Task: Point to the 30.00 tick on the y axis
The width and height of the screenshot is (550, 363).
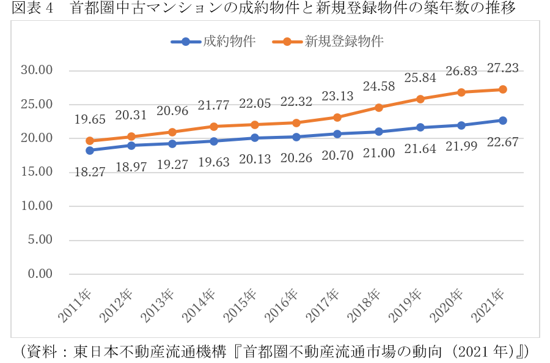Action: (37, 70)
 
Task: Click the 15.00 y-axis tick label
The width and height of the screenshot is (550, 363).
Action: (37, 172)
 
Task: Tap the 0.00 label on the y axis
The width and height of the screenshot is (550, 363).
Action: (40, 274)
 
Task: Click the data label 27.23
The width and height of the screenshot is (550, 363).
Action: (502, 69)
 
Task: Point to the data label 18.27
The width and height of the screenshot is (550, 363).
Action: (90, 173)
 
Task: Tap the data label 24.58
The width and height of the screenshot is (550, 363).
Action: (379, 86)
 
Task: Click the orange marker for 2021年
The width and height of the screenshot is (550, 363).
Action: (502, 89)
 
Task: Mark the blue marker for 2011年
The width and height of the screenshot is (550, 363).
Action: (90, 150)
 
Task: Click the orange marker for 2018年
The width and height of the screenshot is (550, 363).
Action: (379, 107)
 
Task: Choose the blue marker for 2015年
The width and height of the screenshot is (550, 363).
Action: (255, 138)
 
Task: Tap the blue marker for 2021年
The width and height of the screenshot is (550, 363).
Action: (502, 121)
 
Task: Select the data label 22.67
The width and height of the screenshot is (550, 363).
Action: (502, 143)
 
